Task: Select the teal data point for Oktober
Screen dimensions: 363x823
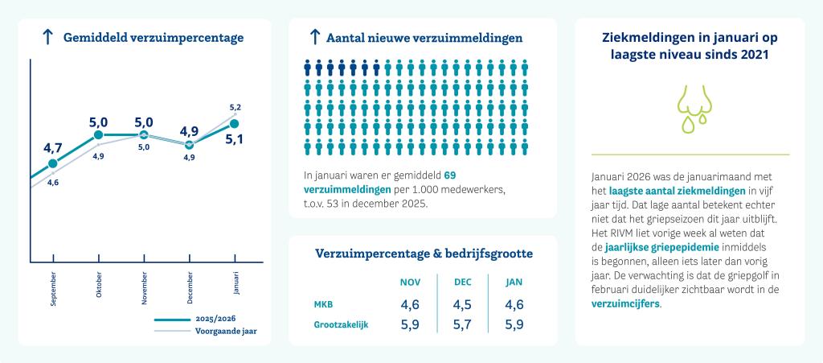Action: [x=98, y=135]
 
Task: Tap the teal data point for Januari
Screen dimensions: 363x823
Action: [x=235, y=123]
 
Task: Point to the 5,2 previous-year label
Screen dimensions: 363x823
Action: [x=235, y=107]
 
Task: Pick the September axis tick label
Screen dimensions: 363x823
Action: [x=53, y=289]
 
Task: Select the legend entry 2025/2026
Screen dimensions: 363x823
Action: [x=216, y=319]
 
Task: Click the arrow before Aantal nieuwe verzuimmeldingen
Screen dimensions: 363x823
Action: [x=315, y=37]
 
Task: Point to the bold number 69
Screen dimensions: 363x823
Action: [x=450, y=175]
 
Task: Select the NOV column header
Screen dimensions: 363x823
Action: [x=410, y=282]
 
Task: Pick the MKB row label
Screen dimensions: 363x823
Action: [x=323, y=305]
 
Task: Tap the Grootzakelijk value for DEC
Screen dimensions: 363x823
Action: [x=462, y=325]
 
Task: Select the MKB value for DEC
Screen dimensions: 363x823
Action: [x=462, y=305]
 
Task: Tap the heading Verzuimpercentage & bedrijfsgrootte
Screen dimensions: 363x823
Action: [x=423, y=254]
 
